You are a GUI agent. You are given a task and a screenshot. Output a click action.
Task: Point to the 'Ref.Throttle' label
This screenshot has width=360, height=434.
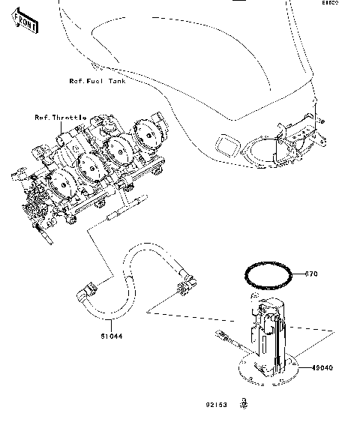pyautogui.click(x=61, y=118)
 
